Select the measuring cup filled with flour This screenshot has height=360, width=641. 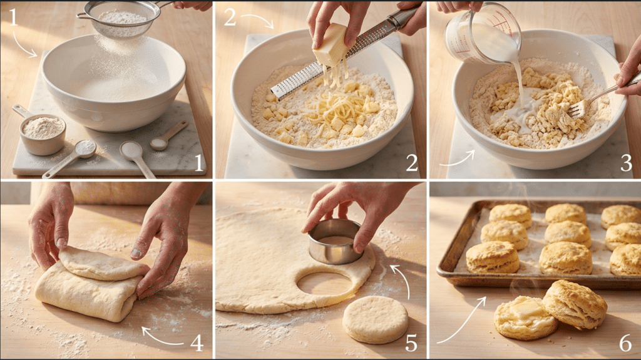point(43,128)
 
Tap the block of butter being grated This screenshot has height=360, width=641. point(331,45)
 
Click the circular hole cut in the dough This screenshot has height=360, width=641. point(325,283)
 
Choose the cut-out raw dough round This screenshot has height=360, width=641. point(375,319)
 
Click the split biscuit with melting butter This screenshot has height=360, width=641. point(525,317)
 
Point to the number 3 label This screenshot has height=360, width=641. point(625,163)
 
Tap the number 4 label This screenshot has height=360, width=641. point(197,342)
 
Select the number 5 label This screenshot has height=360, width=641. point(411,342)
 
